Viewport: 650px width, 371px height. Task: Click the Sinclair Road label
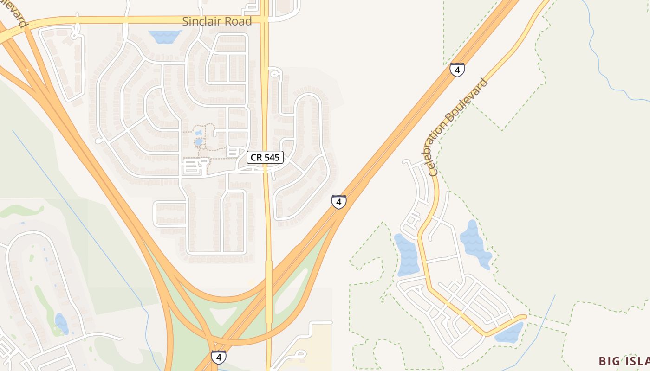(217, 21)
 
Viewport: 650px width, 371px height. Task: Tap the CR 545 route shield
(265, 157)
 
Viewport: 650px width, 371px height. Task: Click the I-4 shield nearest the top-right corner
(457, 70)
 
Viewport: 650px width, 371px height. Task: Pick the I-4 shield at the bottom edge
(219, 357)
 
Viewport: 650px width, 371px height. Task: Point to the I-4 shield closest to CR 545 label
(339, 202)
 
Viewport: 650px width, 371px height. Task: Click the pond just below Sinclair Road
(165, 36)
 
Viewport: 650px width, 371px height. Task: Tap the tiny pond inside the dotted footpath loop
(199, 141)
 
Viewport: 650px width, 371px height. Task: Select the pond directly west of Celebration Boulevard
(407, 255)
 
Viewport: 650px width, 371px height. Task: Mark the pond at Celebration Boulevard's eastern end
(509, 333)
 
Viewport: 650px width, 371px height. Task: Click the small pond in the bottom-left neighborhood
(61, 323)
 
